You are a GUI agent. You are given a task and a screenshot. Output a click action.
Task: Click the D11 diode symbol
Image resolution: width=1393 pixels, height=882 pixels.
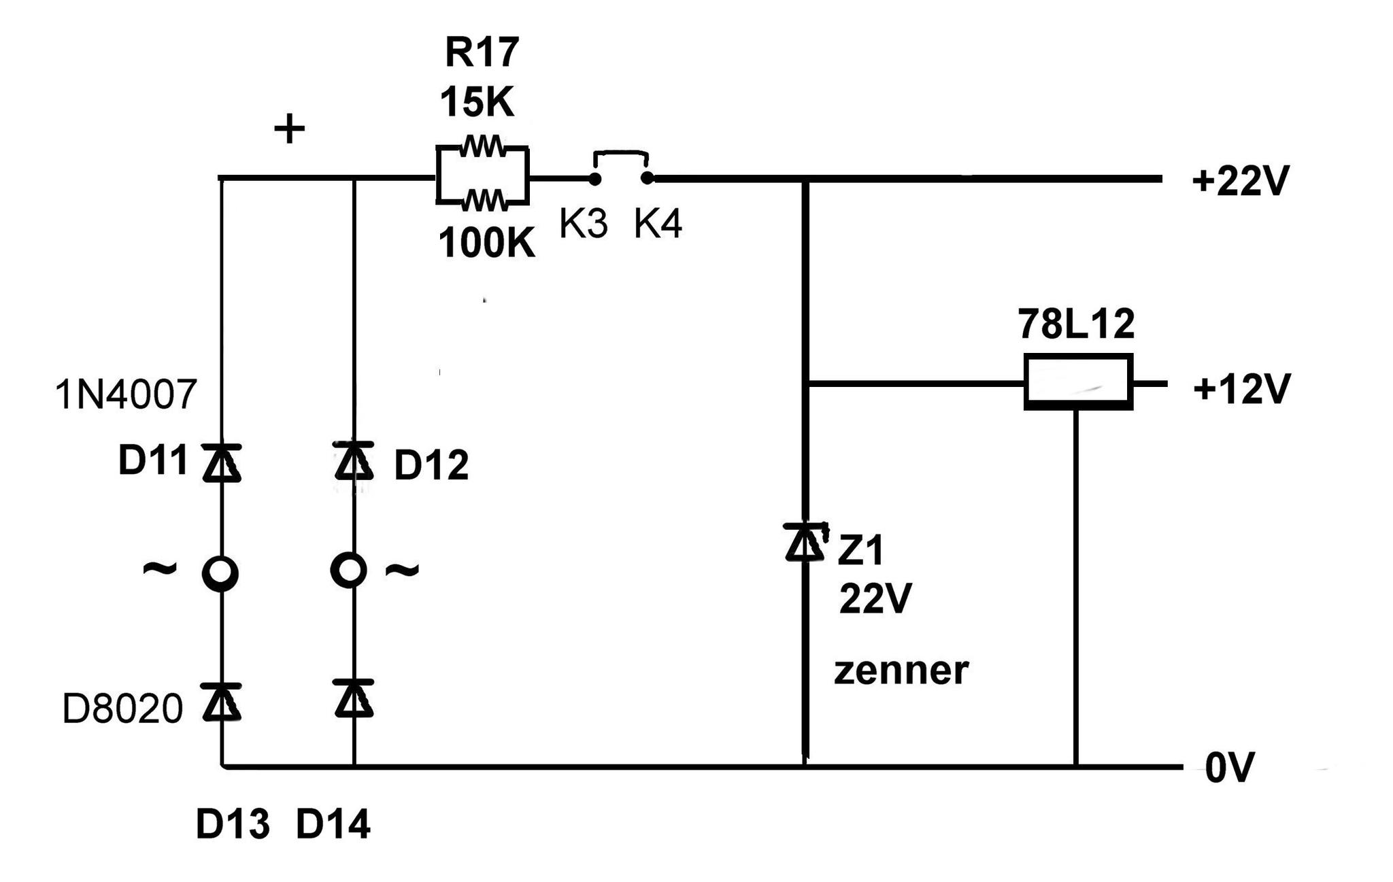(x=222, y=463)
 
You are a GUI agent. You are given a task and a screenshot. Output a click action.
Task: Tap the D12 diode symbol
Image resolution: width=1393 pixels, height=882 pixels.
(x=354, y=461)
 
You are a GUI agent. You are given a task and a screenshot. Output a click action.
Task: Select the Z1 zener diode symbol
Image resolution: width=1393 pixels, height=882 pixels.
(x=805, y=542)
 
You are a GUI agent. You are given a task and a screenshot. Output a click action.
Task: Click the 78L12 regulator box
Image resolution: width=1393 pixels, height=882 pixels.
(x=1078, y=381)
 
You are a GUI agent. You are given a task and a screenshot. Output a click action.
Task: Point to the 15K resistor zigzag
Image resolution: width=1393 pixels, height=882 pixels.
(x=482, y=146)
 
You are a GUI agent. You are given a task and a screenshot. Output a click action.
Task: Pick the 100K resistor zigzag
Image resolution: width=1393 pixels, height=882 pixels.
(x=484, y=201)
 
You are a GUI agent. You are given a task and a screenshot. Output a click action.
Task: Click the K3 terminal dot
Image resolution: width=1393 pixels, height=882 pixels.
(x=594, y=179)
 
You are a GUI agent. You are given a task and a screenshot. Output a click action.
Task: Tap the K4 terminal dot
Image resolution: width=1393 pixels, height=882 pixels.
(x=648, y=178)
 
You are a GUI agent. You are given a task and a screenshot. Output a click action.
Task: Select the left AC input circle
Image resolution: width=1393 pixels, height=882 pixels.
(x=220, y=574)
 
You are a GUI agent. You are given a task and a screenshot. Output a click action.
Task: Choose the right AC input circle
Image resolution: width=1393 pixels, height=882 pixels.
(x=348, y=570)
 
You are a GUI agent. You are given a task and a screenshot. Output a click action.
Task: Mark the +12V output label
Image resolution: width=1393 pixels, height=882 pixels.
(x=1242, y=390)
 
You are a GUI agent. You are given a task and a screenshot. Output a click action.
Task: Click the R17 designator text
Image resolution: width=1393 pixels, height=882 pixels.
(x=482, y=52)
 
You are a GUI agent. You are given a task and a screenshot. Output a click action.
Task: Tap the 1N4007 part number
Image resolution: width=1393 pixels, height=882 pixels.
(x=126, y=395)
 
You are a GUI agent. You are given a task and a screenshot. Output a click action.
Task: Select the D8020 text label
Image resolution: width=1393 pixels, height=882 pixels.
(x=122, y=709)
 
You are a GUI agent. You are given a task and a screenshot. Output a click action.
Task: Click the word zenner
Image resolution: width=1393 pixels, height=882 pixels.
(x=901, y=671)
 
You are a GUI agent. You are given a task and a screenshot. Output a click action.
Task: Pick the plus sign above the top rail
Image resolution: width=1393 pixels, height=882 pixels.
(x=289, y=129)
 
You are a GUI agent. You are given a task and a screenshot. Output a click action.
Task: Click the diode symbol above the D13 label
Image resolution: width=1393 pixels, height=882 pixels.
(x=222, y=702)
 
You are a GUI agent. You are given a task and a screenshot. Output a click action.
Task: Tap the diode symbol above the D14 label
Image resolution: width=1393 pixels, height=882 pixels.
(x=354, y=698)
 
